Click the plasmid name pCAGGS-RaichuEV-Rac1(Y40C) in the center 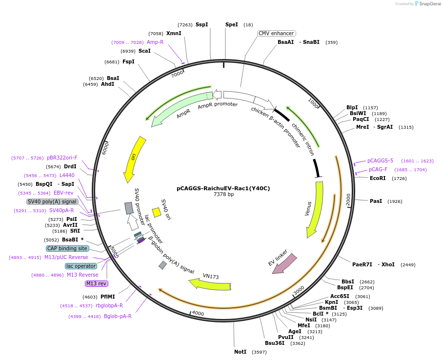[223, 188]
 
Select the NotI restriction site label [240, 352]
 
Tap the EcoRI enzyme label [378, 178]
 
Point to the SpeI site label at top [231, 24]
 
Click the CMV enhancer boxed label [277, 33]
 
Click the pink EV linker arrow [284, 263]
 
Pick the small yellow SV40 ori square [157, 212]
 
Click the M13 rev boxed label [96, 283]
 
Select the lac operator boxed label [81, 266]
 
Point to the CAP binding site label [67, 248]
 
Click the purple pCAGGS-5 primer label [380, 160]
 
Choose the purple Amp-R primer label [155, 42]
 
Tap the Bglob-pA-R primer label [118, 316]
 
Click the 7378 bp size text [223, 195]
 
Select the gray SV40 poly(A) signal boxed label [52, 201]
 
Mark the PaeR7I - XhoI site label [373, 264]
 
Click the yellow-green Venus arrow [314, 210]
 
